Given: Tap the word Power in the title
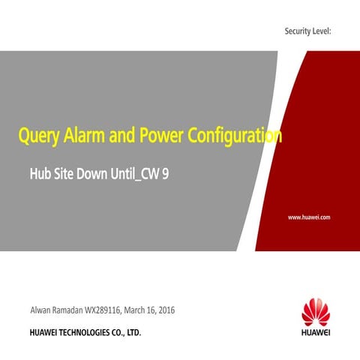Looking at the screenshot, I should pyautogui.click(x=159, y=136).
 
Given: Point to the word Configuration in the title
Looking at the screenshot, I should pyautogui.click(x=235, y=136).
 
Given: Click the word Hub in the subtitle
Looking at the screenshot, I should pyautogui.click(x=39, y=175).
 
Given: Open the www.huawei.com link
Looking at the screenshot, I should pyautogui.click(x=310, y=217).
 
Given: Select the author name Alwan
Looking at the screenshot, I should pyautogui.click(x=41, y=310).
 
